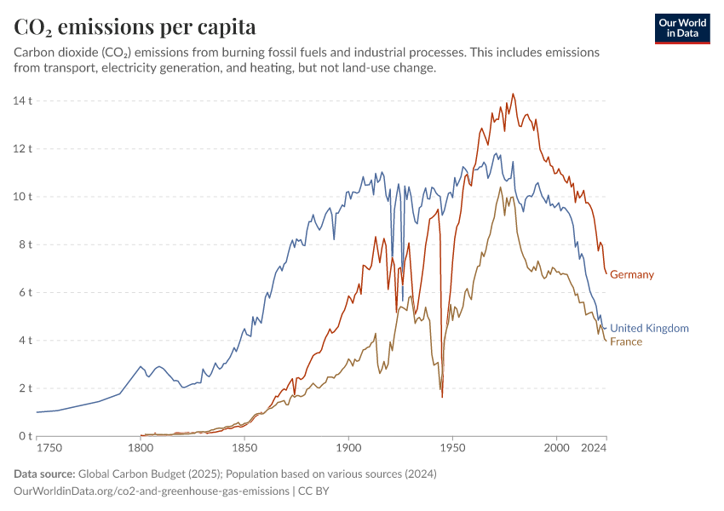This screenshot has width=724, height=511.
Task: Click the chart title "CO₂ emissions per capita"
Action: (x=135, y=27)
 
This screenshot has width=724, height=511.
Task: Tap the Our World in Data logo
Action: (x=681, y=28)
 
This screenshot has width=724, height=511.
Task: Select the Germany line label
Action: (x=632, y=274)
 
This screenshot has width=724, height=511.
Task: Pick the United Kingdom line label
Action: (x=649, y=328)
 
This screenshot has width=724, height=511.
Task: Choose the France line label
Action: (x=625, y=342)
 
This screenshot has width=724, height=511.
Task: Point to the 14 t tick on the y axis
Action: (x=22, y=100)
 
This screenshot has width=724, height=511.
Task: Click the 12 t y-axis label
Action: (x=22, y=148)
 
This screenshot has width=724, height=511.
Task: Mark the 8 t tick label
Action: (x=25, y=244)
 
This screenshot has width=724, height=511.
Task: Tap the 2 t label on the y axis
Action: (x=25, y=388)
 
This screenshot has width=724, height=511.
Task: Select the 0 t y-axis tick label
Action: (x=25, y=436)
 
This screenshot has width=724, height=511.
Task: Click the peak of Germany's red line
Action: (x=513, y=94)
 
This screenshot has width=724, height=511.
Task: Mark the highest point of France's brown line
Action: (x=501, y=187)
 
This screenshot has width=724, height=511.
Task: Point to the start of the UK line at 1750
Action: (x=37, y=412)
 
